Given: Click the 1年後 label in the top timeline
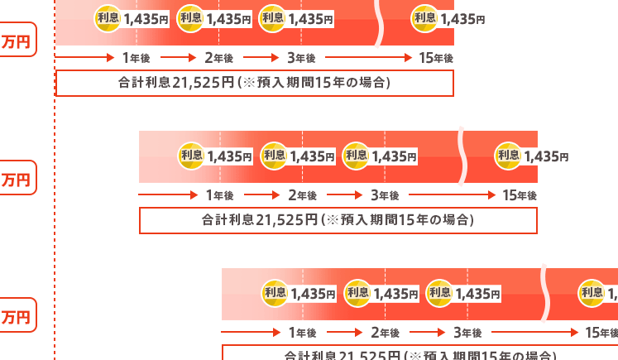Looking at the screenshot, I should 136,58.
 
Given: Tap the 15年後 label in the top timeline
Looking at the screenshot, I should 437,58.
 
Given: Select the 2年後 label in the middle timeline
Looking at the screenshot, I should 302,195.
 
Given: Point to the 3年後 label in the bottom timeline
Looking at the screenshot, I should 467,333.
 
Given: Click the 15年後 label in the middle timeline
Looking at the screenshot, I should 520,195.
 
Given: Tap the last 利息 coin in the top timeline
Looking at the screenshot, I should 425,18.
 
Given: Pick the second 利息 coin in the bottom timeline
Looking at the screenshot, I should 357,292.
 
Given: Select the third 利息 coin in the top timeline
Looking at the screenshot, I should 273,18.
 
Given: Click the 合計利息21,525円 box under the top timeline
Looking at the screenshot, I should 255,83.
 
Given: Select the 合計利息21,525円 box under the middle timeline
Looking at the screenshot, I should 338,220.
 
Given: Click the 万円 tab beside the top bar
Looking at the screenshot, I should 17,42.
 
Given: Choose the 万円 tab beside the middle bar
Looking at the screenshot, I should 17,178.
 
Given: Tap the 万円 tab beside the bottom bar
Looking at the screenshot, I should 17,316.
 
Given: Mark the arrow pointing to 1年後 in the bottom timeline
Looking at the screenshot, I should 252,333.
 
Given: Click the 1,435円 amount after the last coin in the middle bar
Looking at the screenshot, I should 547,156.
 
